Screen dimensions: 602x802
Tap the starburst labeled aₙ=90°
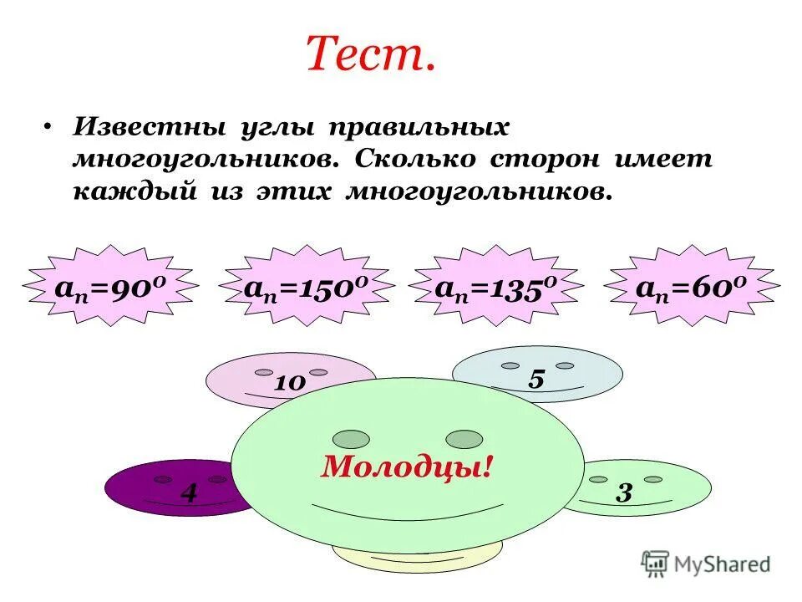click(112, 287)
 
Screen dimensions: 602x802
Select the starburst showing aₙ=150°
click(307, 287)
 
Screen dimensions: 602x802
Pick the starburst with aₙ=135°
click(496, 287)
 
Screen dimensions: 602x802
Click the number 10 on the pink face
click(289, 383)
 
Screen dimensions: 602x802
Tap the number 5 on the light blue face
click(536, 379)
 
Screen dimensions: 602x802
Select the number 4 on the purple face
click(190, 493)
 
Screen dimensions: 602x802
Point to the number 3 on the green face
click(623, 492)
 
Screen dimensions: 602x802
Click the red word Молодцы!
click(406, 467)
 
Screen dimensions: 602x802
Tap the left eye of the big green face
click(351, 439)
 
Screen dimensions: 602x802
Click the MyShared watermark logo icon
click(655, 564)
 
